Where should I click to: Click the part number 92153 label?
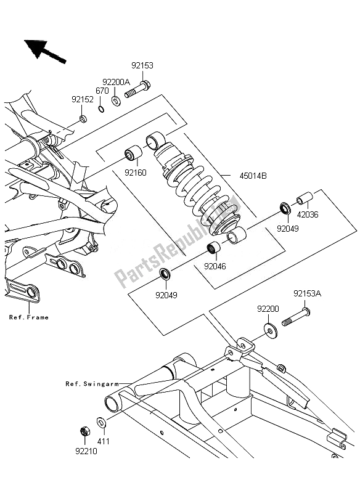(142, 65)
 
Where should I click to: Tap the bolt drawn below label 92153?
(137, 89)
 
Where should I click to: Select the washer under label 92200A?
(117, 101)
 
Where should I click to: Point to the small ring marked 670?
(101, 109)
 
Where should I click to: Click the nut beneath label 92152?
(83, 119)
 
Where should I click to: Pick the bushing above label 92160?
(133, 153)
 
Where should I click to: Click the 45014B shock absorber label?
(253, 176)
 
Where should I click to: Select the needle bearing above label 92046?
(214, 248)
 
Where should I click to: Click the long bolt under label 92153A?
(296, 317)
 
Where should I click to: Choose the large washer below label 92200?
(271, 331)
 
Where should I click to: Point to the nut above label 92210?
(85, 431)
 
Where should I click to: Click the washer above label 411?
(101, 422)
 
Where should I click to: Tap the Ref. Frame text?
(29, 317)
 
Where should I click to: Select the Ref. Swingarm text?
(92, 384)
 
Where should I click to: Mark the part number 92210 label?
(86, 451)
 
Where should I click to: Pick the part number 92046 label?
(215, 266)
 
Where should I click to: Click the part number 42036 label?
(308, 214)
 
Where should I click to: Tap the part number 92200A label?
(117, 83)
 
